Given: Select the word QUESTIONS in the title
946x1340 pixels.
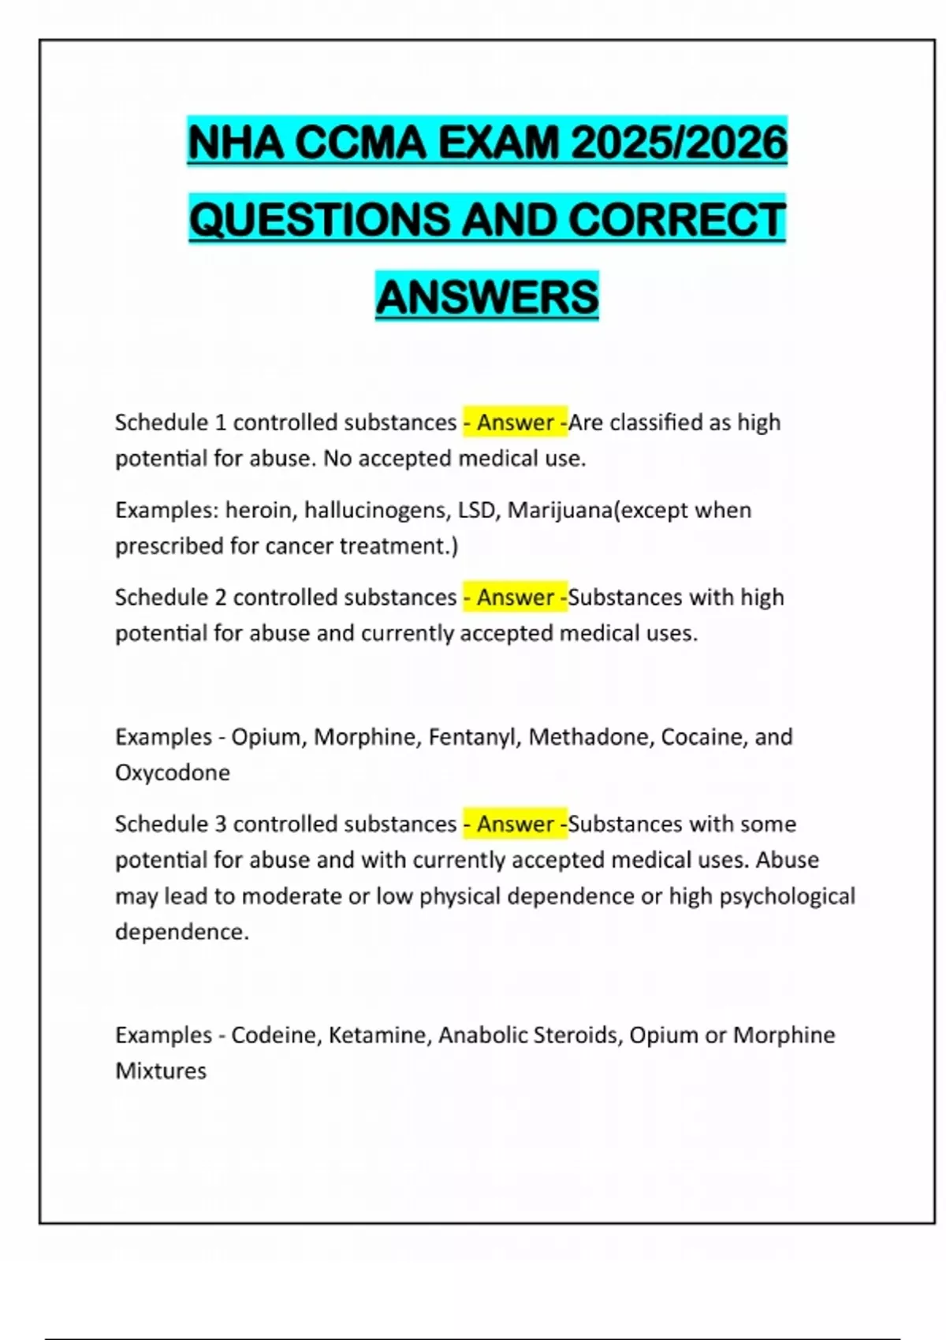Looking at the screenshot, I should click(320, 219).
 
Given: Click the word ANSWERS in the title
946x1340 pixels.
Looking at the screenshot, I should click(487, 296).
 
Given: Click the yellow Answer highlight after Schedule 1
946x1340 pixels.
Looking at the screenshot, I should click(515, 422).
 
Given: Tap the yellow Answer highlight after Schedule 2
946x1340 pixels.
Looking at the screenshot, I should click(515, 597).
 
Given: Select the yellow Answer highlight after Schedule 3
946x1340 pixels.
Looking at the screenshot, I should click(515, 824).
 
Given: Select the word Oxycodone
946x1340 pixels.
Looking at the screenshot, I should click(173, 772).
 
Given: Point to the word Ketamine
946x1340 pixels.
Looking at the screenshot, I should click(380, 1035).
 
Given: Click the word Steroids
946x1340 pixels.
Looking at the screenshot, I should click(577, 1035).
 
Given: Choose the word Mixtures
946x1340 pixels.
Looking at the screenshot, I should click(161, 1071).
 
